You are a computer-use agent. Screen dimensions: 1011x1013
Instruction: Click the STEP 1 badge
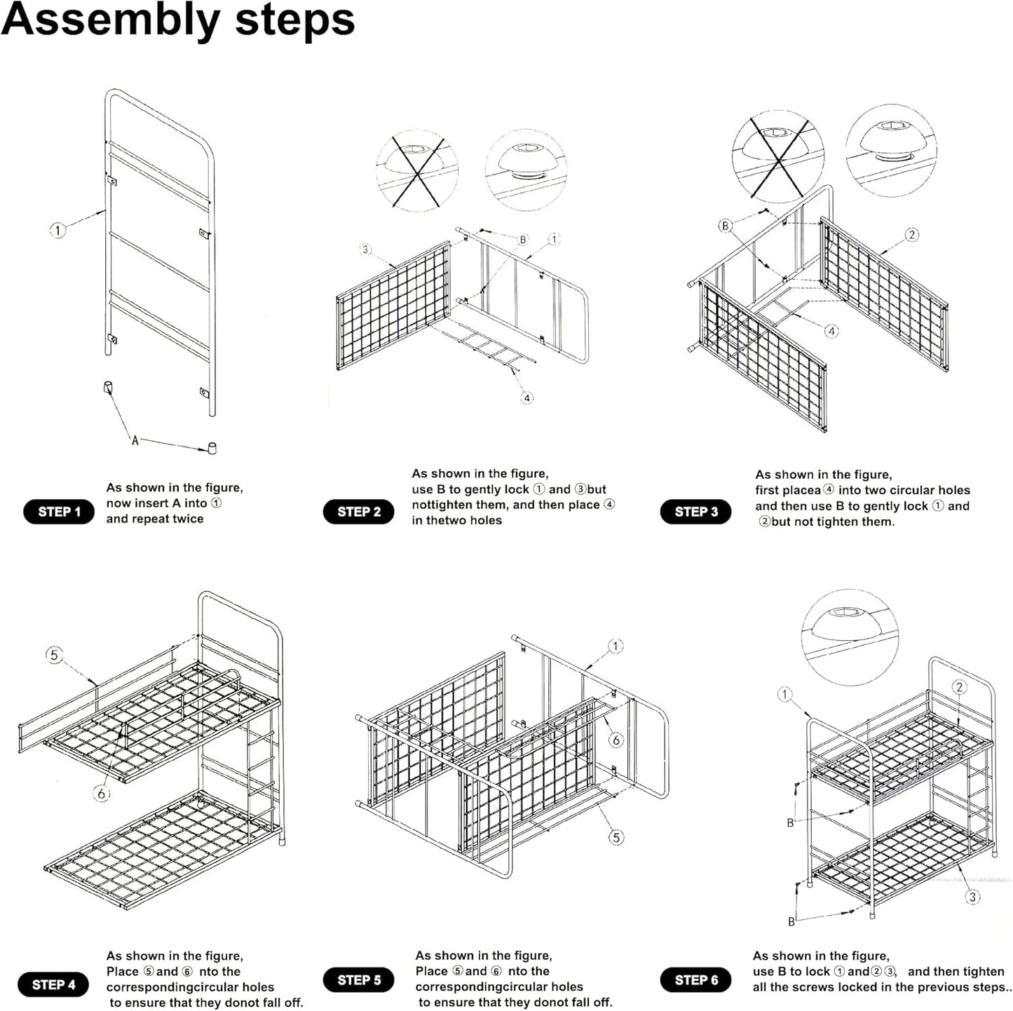point(59,512)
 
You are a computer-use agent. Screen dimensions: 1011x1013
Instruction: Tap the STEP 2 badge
point(359,512)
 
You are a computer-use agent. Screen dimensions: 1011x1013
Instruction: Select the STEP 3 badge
point(695,512)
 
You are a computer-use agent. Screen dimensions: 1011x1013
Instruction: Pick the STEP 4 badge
point(53,984)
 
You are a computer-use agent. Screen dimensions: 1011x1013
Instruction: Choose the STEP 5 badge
point(359,979)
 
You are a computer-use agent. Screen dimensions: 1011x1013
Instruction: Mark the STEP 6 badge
point(695,979)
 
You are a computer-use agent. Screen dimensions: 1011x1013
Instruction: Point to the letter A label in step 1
point(135,440)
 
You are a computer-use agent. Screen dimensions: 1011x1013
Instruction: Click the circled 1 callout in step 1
point(57,230)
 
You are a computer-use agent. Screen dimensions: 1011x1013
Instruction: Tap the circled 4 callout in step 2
point(527,398)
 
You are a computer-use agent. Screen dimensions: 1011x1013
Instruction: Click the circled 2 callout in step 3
point(911,235)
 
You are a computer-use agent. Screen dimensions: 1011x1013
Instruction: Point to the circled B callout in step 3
point(725,226)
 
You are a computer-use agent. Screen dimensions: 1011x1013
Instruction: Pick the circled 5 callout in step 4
point(54,656)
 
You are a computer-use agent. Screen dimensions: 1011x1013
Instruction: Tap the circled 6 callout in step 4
point(102,794)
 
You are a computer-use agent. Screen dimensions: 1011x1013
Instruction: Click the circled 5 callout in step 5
point(616,837)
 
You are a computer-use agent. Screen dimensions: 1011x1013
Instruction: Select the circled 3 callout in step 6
point(972,897)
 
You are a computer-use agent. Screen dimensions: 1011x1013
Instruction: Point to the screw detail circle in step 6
point(850,637)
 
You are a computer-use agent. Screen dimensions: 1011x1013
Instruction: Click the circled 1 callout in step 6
point(784,695)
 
